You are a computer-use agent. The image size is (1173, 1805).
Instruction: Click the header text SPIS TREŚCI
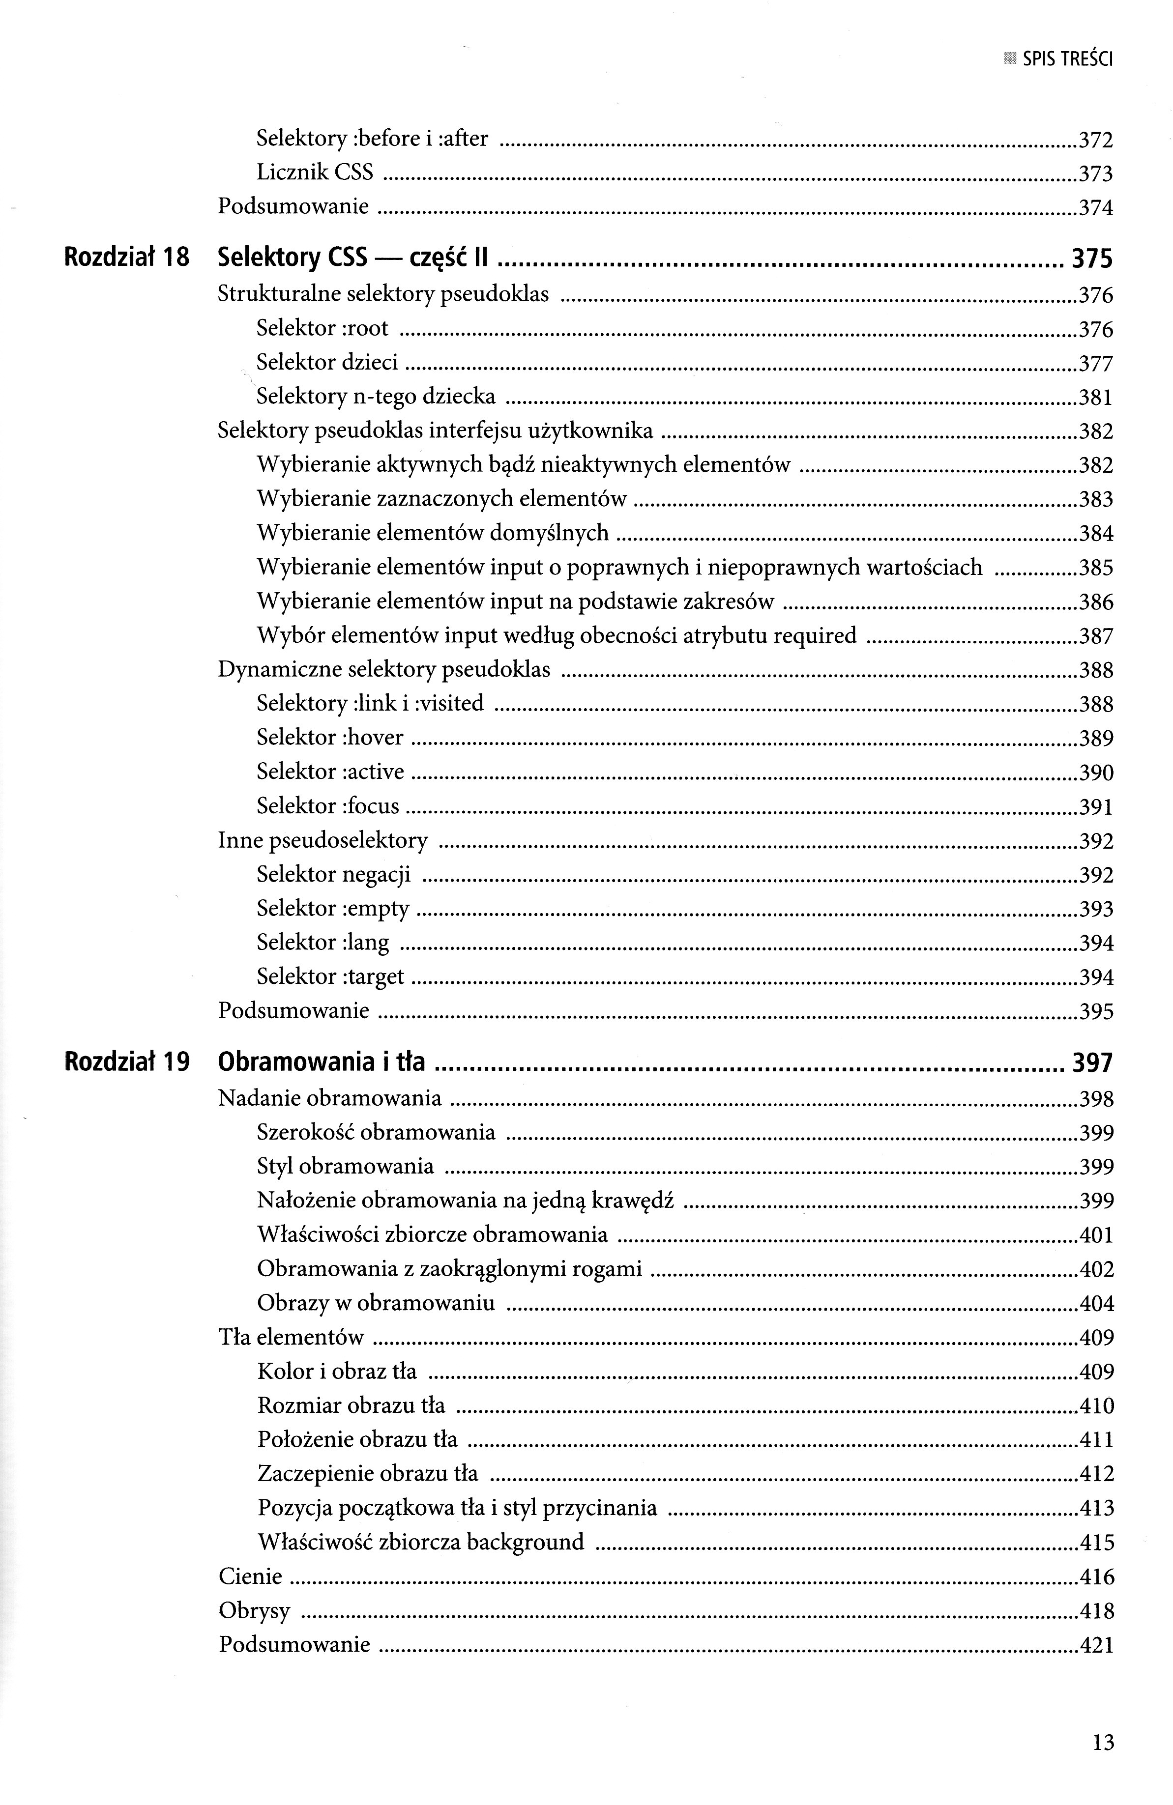tap(1067, 59)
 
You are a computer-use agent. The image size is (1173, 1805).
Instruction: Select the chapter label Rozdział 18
tap(127, 258)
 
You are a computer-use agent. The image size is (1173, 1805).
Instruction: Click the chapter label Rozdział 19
tap(127, 1062)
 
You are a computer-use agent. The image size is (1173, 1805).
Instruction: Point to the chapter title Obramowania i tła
tap(321, 1062)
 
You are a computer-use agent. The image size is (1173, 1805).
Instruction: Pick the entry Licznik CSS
tap(315, 173)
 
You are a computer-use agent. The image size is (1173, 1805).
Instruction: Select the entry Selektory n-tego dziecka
tap(376, 396)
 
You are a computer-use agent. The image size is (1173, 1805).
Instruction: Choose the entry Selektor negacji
tap(333, 874)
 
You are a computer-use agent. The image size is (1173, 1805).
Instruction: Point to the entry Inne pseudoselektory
tap(323, 840)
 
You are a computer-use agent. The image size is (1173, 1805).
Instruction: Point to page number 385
tap(1096, 568)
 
